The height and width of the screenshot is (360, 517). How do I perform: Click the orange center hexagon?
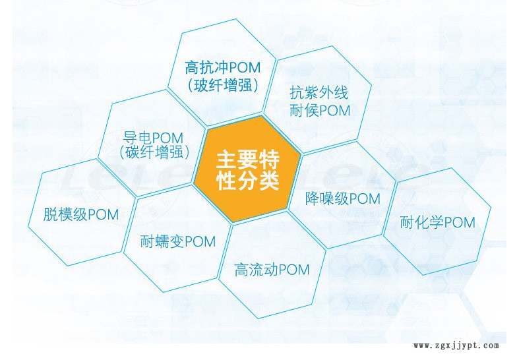click(x=247, y=169)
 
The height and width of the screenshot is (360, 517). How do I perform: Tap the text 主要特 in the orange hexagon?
click(x=248, y=160)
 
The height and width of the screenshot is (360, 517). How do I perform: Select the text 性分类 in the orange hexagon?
click(x=248, y=181)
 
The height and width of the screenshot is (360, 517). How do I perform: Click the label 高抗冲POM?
click(x=223, y=67)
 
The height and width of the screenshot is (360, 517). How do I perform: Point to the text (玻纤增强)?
click(x=223, y=86)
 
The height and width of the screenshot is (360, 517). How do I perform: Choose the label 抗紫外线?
click(x=319, y=92)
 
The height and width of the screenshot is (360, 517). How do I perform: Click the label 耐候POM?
click(x=320, y=111)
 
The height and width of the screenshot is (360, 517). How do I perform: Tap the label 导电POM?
click(x=153, y=137)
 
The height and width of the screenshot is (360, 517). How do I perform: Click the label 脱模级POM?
click(x=80, y=215)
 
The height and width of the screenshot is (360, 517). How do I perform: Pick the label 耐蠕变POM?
click(x=178, y=241)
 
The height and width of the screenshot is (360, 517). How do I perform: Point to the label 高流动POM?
click(x=272, y=270)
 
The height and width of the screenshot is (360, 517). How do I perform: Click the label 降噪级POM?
click(x=343, y=199)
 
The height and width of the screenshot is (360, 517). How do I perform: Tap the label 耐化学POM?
click(x=438, y=223)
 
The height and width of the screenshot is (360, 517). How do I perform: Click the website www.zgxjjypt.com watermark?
click(x=456, y=345)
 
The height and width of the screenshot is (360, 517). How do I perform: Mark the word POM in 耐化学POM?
click(x=460, y=223)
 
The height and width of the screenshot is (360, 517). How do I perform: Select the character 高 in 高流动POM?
click(x=241, y=270)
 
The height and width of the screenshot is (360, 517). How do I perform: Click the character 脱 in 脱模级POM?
click(x=50, y=215)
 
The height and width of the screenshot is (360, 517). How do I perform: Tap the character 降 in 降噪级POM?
click(x=313, y=199)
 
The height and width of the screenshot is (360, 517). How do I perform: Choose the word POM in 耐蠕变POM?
click(x=200, y=242)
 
